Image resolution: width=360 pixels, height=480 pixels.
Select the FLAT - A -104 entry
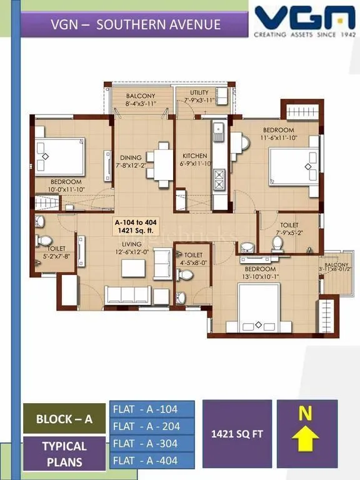click(152, 409)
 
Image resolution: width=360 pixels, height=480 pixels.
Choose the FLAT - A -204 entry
click(152, 426)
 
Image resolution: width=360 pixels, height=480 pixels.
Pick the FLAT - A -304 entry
click(152, 443)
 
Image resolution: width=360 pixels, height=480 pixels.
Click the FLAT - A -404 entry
click(152, 461)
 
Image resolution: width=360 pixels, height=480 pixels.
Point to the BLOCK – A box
click(64, 419)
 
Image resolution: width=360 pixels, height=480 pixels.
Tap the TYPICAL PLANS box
click(64, 454)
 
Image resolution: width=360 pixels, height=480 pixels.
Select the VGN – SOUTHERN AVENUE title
click(136, 25)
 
